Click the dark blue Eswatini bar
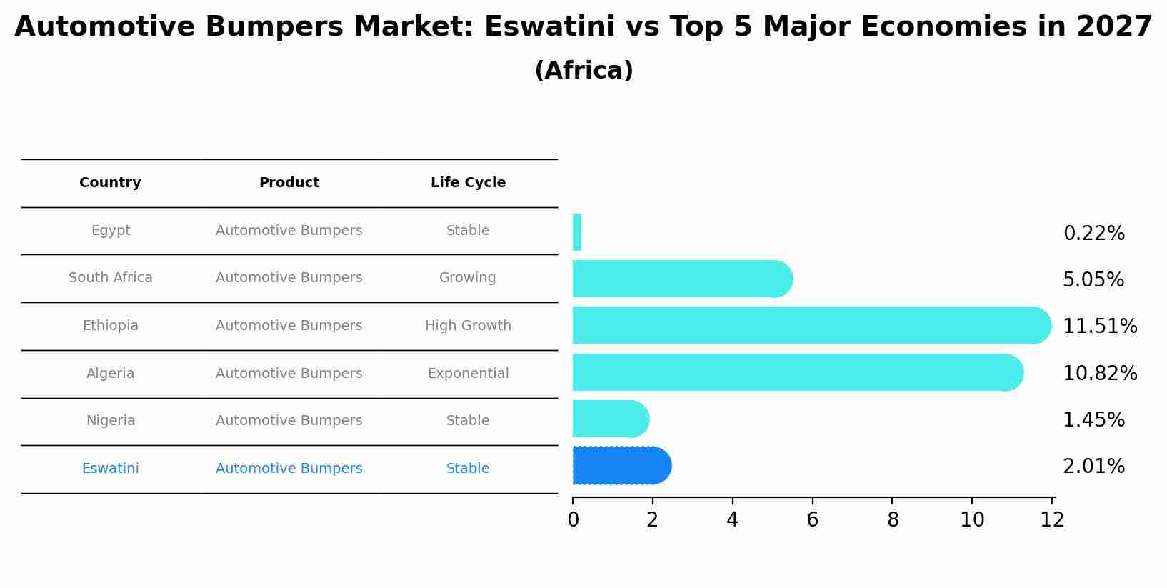[x=621, y=466]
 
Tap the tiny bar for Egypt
[x=577, y=232]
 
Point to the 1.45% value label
[x=1093, y=419]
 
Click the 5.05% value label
[x=1093, y=279]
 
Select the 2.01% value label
[x=1093, y=466]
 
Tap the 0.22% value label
[x=1093, y=233]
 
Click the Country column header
[x=110, y=183]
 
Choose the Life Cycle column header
[x=468, y=183]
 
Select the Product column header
[x=289, y=183]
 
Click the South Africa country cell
[x=110, y=278]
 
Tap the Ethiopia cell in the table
[x=110, y=326]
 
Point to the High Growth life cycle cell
[x=468, y=326]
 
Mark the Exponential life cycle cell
[x=468, y=374]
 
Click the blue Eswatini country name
[x=110, y=469]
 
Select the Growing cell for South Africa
[x=467, y=278]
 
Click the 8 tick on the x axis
[x=893, y=520]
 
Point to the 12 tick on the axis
[x=1053, y=520]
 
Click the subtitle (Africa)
[x=583, y=71]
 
